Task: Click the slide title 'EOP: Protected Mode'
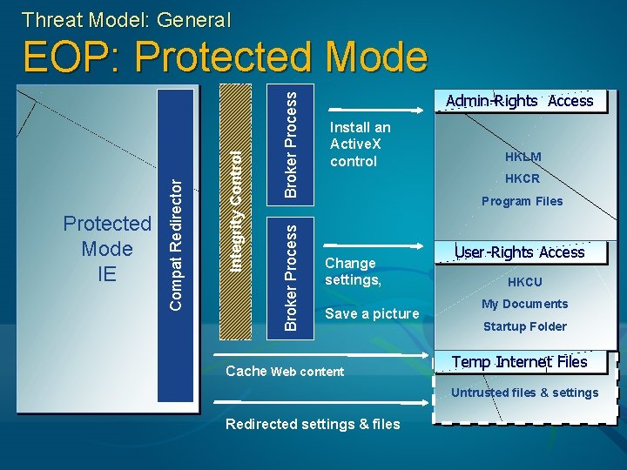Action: coord(226,58)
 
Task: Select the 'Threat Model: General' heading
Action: coord(126,18)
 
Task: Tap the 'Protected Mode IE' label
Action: coord(107,248)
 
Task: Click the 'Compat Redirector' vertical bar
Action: coord(177,244)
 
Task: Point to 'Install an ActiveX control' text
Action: coord(361,144)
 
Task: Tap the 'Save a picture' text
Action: coord(372,313)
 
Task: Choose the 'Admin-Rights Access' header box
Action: coord(519,101)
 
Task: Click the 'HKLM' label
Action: coord(522,157)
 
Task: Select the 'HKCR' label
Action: coord(522,178)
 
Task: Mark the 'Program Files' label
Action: coord(522,201)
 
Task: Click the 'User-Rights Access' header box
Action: coord(519,252)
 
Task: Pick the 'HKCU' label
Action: coord(524,282)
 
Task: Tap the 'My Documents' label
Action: coord(524,304)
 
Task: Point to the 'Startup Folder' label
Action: coord(524,326)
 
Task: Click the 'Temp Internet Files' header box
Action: coord(519,362)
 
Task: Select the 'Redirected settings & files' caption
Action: coord(313,424)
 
